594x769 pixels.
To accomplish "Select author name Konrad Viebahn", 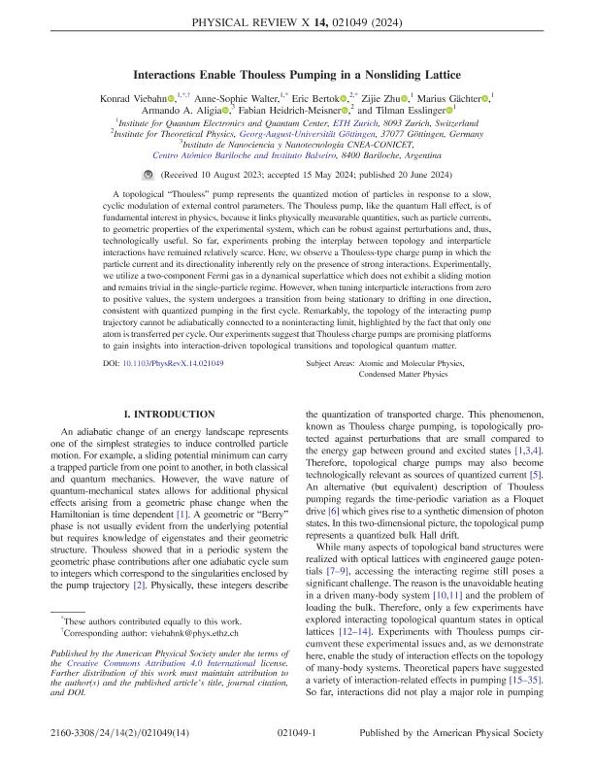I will (149, 97).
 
